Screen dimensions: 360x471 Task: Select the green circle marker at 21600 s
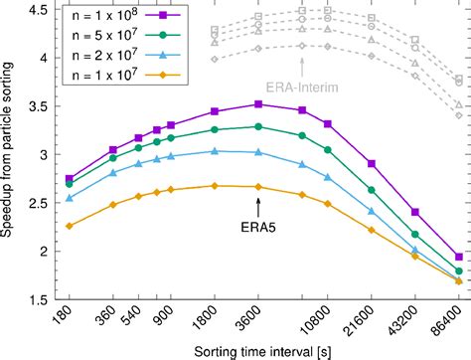[x=371, y=190]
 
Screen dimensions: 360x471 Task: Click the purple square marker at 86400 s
[x=458, y=256]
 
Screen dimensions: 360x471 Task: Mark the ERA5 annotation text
[x=258, y=224]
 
